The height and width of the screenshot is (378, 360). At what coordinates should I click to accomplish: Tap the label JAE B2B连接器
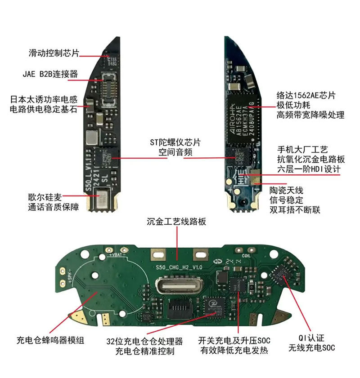coord(50,73)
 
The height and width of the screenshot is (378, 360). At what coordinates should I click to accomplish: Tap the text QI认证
coord(312,338)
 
